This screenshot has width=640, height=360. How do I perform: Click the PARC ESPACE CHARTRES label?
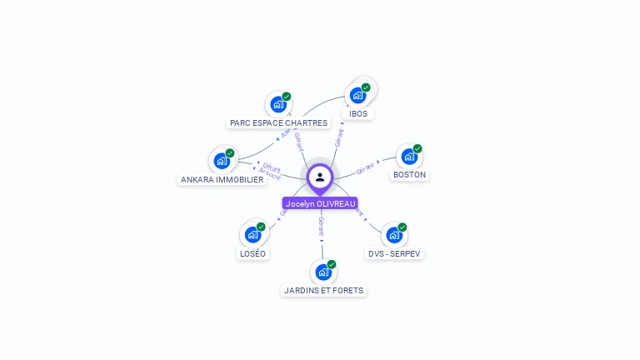tap(278, 122)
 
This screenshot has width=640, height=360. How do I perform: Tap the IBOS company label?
tap(358, 113)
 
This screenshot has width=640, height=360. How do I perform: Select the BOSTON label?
tap(409, 175)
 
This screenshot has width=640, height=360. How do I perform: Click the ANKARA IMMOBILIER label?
tap(222, 179)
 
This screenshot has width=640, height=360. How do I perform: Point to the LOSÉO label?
tap(252, 253)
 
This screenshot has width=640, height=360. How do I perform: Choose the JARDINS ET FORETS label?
tap(323, 290)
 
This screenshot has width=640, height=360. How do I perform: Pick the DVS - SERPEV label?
tap(395, 253)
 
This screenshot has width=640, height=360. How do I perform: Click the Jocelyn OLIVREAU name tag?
tap(320, 203)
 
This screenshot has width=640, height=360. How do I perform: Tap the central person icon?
tap(320, 177)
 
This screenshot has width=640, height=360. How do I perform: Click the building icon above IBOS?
tap(358, 94)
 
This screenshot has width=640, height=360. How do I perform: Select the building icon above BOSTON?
tap(408, 156)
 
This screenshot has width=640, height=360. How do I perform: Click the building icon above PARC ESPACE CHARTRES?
tap(277, 104)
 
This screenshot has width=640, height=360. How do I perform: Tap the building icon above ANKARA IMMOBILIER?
tap(222, 161)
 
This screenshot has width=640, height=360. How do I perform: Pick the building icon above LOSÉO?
tap(252, 234)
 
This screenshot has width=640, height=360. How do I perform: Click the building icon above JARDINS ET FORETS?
tap(322, 272)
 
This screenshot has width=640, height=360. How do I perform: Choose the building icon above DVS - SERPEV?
tap(393, 235)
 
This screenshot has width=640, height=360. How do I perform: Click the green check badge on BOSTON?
tap(417, 148)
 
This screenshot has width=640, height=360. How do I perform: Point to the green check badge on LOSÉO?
tap(261, 227)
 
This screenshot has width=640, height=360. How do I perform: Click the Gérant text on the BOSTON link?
tap(366, 168)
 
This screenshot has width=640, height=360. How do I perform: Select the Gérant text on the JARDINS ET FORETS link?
tap(321, 225)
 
